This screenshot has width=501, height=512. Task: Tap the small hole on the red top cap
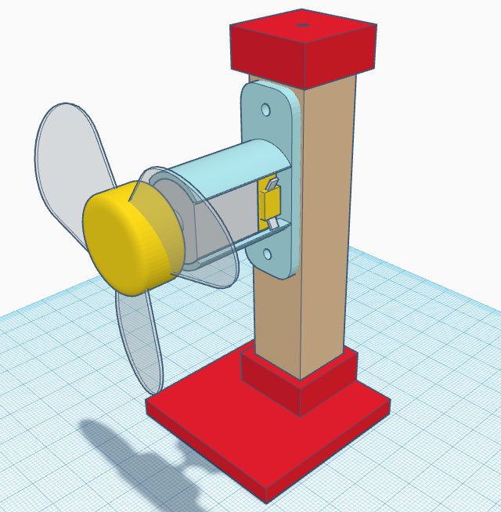point(302,25)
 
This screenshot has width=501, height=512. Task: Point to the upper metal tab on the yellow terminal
point(272,184)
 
